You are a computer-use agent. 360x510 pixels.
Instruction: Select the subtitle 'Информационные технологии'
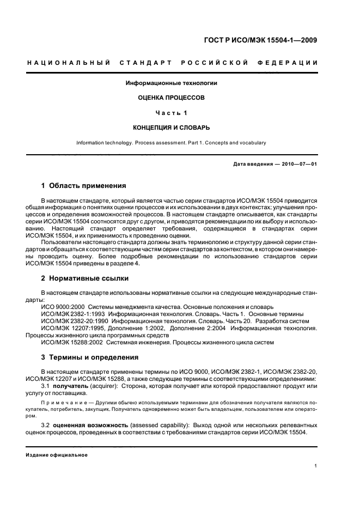[172, 83]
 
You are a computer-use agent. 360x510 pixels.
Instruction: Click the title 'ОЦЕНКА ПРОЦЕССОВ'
[172, 98]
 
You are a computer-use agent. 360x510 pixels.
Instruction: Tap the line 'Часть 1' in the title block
[172, 113]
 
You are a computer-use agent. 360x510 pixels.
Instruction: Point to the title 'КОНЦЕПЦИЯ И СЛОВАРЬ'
[172, 127]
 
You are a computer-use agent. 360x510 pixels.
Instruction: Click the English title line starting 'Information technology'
[171, 143]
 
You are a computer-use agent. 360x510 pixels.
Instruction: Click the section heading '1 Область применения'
[84, 185]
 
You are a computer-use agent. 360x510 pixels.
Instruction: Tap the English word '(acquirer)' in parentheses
[106, 385]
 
